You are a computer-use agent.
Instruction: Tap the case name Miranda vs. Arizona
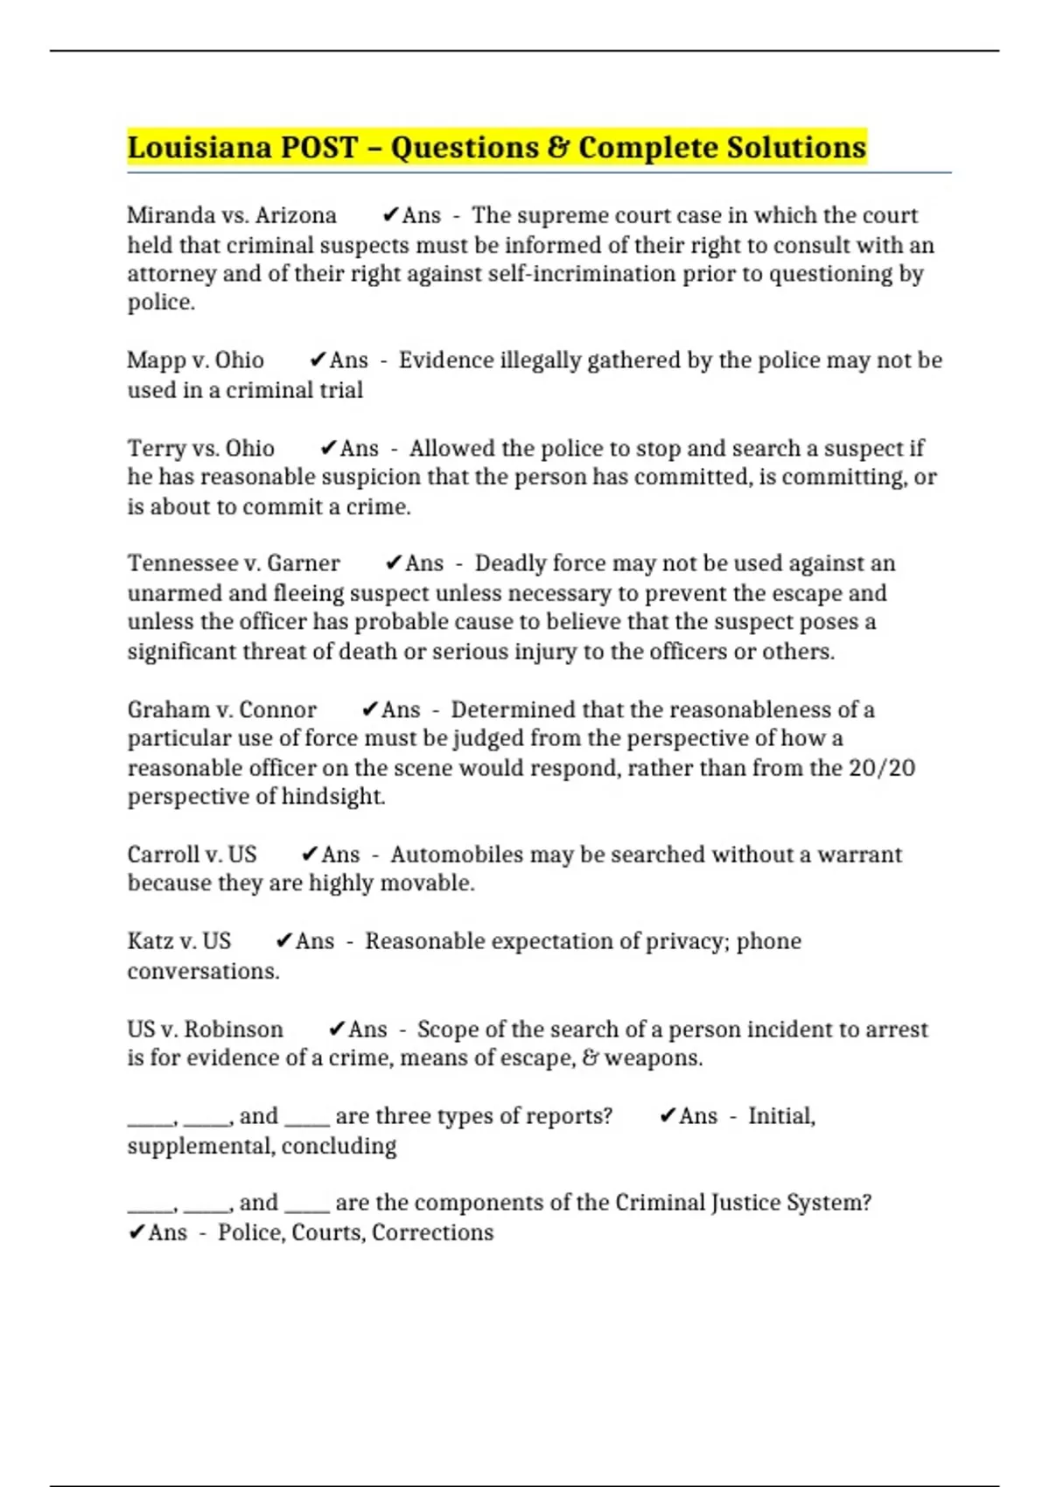click(x=232, y=215)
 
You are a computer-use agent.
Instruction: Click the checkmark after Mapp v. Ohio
click(x=318, y=360)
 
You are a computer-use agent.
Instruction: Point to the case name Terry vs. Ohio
click(x=201, y=448)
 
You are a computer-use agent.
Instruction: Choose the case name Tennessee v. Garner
click(x=234, y=563)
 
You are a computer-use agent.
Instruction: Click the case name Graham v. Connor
click(x=222, y=709)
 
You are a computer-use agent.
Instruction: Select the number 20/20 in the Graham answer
click(x=882, y=768)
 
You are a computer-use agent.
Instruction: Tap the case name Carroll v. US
click(x=192, y=855)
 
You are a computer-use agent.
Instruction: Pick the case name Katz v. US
click(x=179, y=941)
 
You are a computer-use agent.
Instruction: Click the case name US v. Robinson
click(x=206, y=1030)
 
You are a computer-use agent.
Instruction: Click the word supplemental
click(x=200, y=1146)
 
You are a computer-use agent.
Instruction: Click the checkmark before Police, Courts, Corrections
click(x=136, y=1232)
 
